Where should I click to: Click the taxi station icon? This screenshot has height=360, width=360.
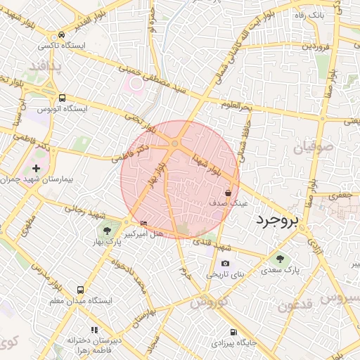pos(62,34)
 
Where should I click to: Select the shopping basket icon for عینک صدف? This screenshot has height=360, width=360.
pos(229,193)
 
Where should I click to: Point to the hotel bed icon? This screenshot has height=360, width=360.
pos(144,224)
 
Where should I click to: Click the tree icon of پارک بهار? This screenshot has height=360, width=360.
pos(107,231)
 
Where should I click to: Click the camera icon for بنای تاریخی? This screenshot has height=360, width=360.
pos(225,264)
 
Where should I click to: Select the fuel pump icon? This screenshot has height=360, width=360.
pos(233,333)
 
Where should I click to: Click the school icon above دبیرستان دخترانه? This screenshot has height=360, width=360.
pos(93,330)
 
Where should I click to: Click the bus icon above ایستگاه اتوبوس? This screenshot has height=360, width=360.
pos(62,98)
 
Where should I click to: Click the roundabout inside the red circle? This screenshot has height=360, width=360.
pos(174,144)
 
